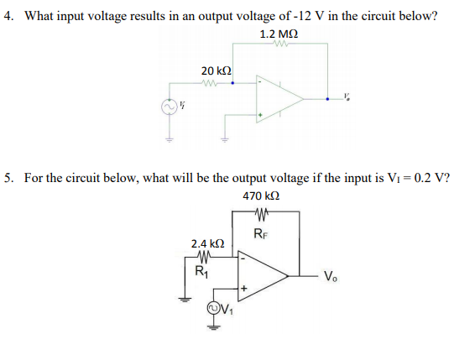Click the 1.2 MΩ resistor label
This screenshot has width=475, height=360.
coord(278,34)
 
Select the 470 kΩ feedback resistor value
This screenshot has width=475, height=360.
coord(261,196)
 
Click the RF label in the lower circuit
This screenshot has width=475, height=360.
coord(260,232)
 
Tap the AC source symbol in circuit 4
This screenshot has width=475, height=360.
coord(168,107)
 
